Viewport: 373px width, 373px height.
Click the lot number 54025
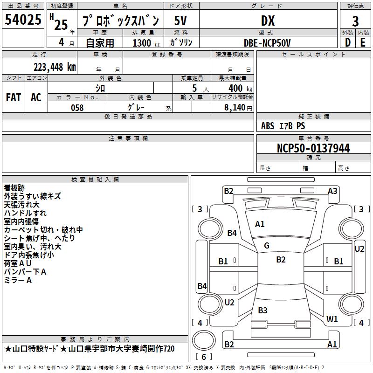click(23, 20)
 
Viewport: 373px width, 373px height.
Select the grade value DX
click(268, 21)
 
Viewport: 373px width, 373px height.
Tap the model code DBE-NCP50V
click(267, 43)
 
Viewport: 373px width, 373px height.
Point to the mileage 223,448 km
click(55, 67)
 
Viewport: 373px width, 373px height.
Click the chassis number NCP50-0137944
click(313, 148)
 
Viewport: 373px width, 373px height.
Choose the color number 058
click(77, 108)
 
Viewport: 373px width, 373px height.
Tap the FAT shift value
click(14, 97)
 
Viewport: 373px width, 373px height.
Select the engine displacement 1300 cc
click(146, 43)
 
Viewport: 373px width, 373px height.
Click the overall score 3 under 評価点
click(355, 21)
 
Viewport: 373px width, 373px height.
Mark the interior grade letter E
click(363, 42)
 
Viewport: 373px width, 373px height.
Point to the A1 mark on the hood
click(260, 224)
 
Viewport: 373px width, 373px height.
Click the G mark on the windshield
click(267, 246)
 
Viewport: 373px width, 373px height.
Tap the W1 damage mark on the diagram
click(332, 319)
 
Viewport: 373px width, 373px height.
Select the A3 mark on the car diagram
click(332, 191)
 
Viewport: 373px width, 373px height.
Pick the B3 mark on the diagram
click(262, 310)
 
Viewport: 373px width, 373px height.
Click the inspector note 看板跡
click(14, 188)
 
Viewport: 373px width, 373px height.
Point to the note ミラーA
click(18, 280)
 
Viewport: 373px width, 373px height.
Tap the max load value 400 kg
click(240, 88)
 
